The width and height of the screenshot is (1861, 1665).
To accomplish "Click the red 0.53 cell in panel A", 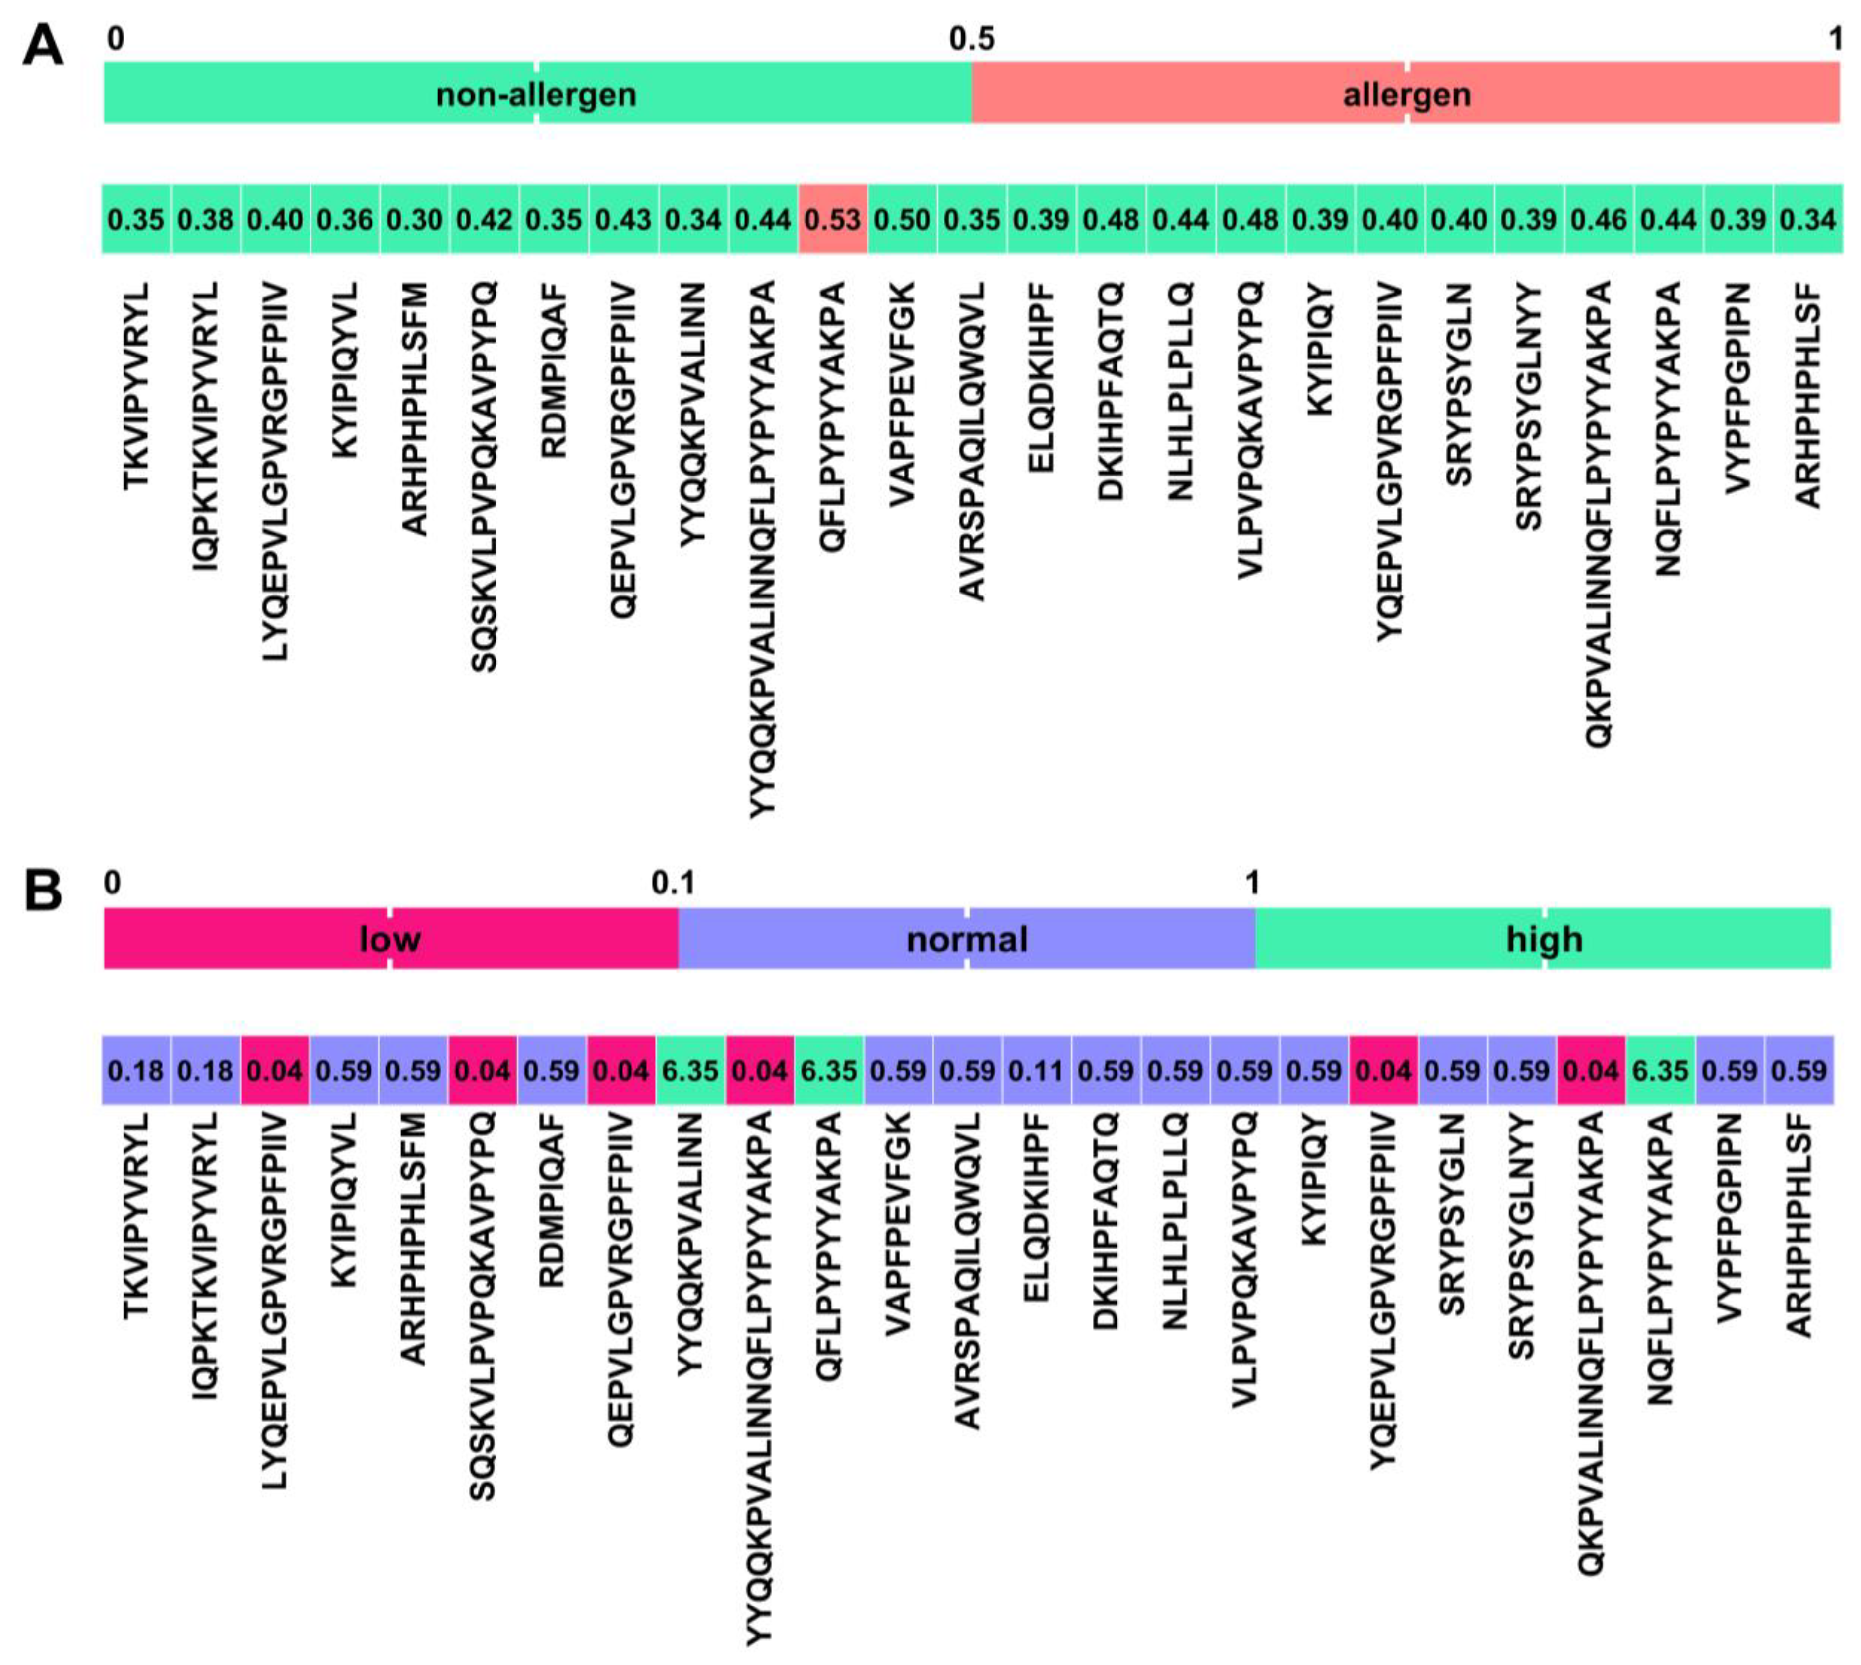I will (x=833, y=220).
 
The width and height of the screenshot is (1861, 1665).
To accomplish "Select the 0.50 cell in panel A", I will (x=902, y=220).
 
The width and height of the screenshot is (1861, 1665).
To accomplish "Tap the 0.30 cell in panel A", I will (x=415, y=220).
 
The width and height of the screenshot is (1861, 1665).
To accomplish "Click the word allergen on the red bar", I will (x=1406, y=94).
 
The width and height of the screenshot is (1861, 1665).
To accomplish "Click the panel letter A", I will (x=43, y=46).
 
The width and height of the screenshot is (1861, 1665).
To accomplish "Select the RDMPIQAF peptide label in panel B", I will (x=552, y=1200).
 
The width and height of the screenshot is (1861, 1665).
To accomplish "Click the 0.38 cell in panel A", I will (x=206, y=220).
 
